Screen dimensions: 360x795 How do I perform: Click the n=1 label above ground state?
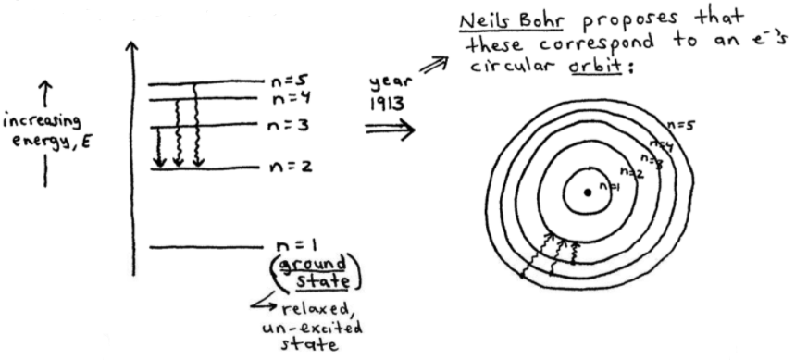click(x=297, y=246)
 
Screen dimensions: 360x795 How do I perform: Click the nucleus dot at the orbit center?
click(x=587, y=192)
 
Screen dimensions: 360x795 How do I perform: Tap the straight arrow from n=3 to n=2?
click(x=161, y=147)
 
